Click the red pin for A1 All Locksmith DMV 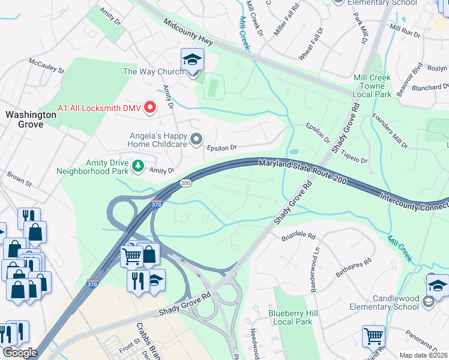point(151,107)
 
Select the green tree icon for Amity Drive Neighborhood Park point(138,166)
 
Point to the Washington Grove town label point(25,119)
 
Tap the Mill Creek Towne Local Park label point(372,86)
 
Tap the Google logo point(19,353)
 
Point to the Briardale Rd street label point(298,236)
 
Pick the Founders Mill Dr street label point(390,131)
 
